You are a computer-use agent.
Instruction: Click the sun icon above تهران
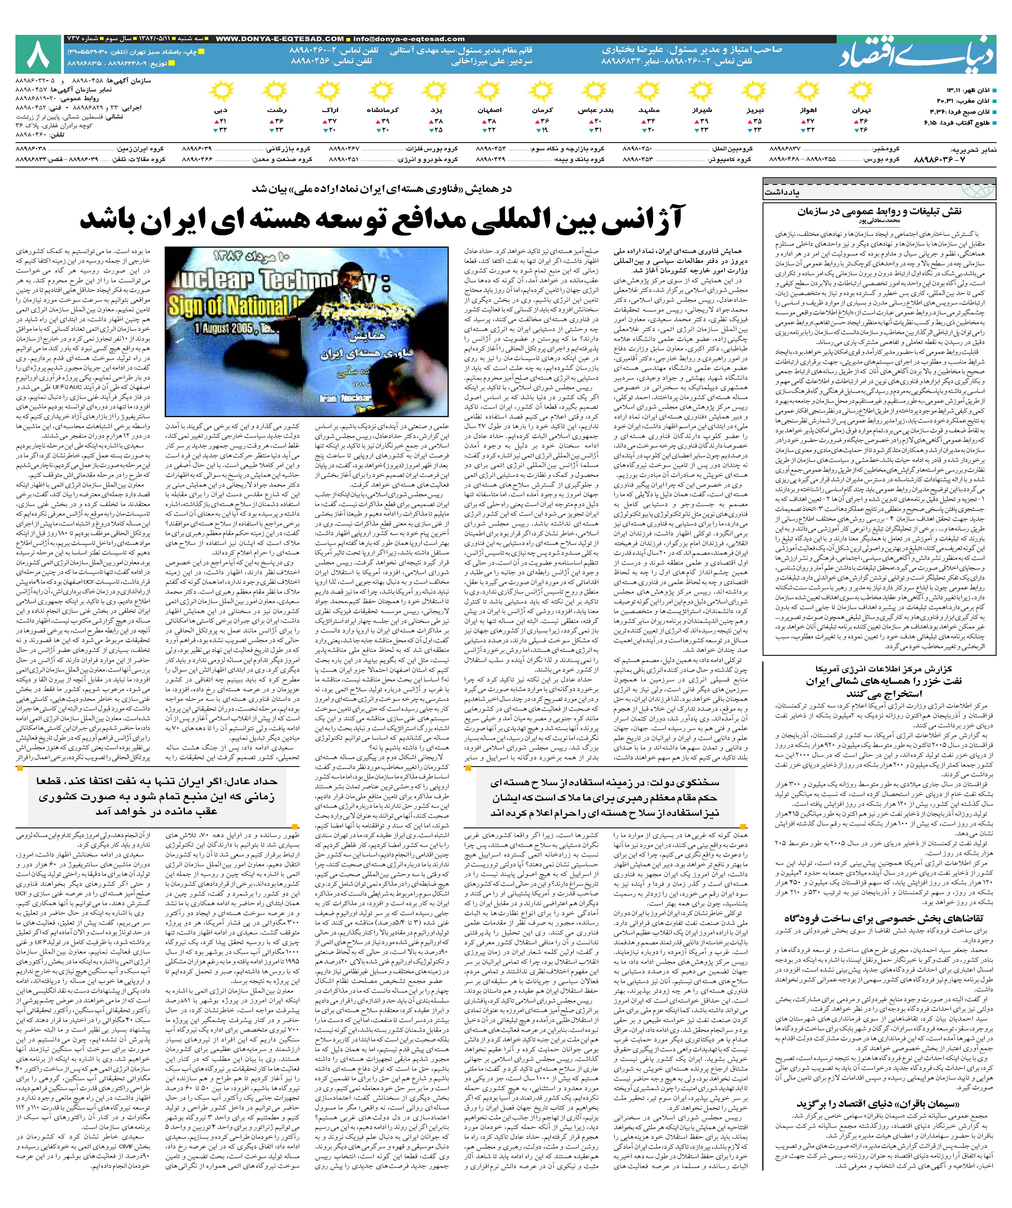tap(861, 92)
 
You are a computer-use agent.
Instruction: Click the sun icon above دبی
tap(221, 92)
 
